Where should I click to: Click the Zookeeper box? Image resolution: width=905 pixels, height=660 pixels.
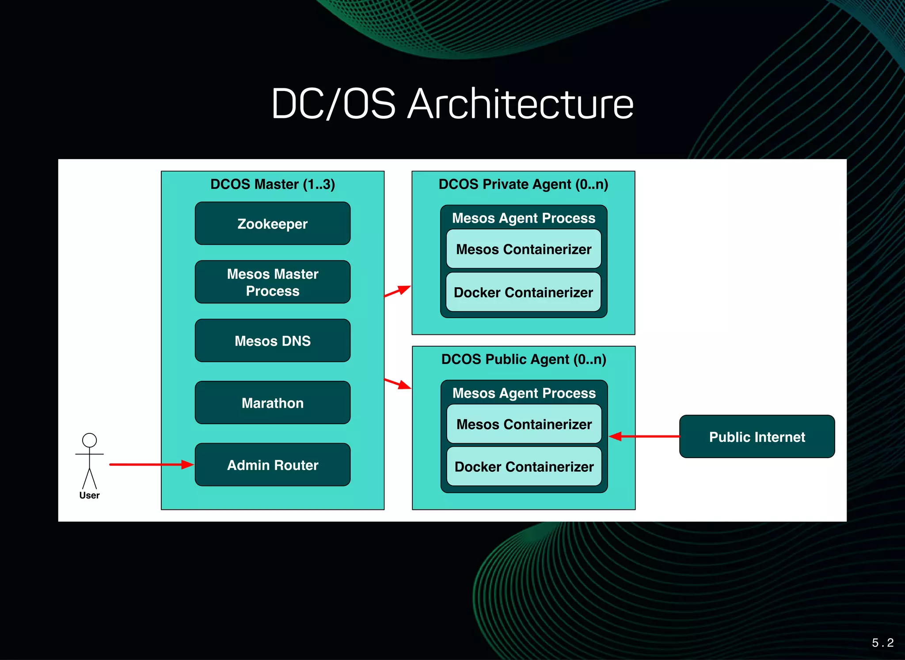tap(273, 224)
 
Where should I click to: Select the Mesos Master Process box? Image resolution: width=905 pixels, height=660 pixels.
tap(273, 282)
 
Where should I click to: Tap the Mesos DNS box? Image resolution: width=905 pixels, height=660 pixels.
tap(273, 341)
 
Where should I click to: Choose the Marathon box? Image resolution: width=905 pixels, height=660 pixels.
tap(273, 402)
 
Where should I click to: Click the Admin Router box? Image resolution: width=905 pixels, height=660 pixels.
tap(273, 465)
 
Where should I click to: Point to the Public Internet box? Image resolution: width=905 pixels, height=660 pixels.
tap(757, 436)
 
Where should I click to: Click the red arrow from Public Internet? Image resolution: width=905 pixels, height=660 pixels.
tap(645, 436)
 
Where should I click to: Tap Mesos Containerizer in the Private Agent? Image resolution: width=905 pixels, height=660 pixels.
tap(524, 249)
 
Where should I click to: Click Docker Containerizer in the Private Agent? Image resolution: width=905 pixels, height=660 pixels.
tap(524, 292)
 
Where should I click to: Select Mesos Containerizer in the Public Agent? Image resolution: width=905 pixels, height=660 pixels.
tap(524, 424)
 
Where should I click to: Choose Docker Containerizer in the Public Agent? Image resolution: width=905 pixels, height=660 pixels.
tap(524, 467)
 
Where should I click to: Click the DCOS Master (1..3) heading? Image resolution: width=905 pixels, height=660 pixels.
tap(273, 184)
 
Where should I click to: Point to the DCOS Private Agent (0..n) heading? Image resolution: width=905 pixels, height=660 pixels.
tap(523, 184)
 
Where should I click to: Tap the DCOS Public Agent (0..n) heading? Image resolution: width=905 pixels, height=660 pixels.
tap(524, 359)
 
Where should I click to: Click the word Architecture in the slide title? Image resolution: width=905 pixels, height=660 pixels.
tap(520, 104)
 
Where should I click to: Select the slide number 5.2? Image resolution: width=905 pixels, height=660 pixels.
tap(882, 642)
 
